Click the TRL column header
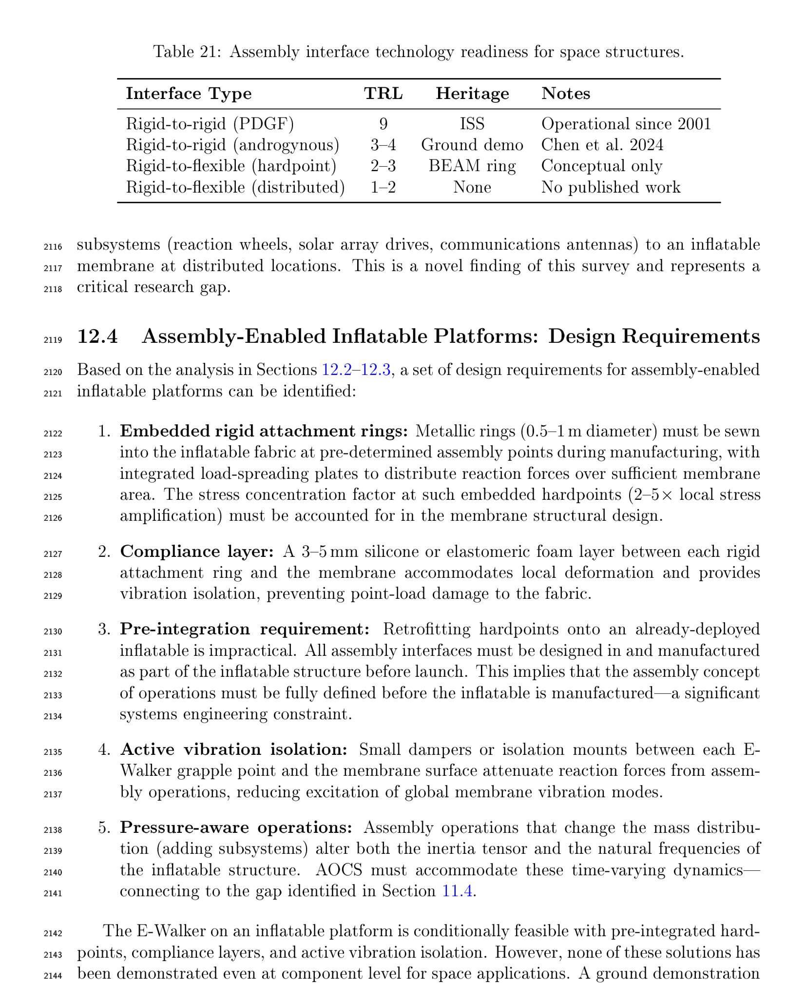click(383, 93)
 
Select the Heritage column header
click(472, 93)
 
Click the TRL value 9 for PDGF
click(383, 124)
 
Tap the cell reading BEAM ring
click(472, 166)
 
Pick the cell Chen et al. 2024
click(602, 145)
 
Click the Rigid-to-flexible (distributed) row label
click(235, 187)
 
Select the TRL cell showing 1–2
click(383, 187)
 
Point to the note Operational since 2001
click(626, 124)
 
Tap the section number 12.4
click(97, 337)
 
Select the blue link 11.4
click(458, 891)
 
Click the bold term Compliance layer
click(196, 552)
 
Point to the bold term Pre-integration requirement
click(245, 629)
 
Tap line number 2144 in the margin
click(52, 976)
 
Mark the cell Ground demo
click(472, 145)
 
